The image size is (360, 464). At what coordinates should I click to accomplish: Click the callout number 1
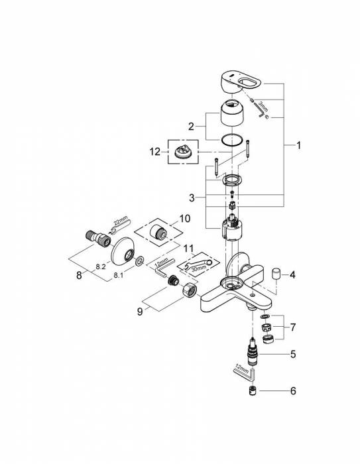298,145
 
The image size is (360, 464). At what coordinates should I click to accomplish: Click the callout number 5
292,354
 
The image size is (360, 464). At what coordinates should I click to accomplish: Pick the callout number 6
292,391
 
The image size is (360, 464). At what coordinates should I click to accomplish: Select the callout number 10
184,218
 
